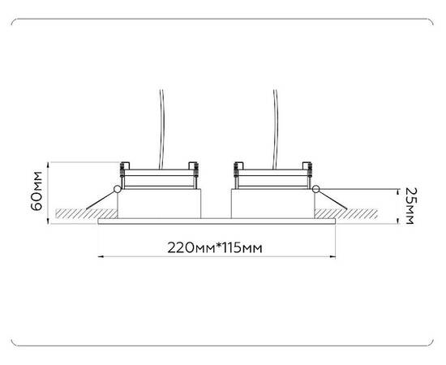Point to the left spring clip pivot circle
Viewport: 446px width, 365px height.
[118, 190]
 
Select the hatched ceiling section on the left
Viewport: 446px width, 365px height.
[76, 213]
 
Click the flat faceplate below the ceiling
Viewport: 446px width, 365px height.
[216, 221]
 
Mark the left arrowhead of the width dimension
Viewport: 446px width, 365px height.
[101, 257]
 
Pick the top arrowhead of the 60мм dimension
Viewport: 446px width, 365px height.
[50, 162]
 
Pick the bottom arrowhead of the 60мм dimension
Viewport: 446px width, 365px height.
[50, 221]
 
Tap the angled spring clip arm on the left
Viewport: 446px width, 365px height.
[101, 198]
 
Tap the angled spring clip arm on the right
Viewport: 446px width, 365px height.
[332, 199]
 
